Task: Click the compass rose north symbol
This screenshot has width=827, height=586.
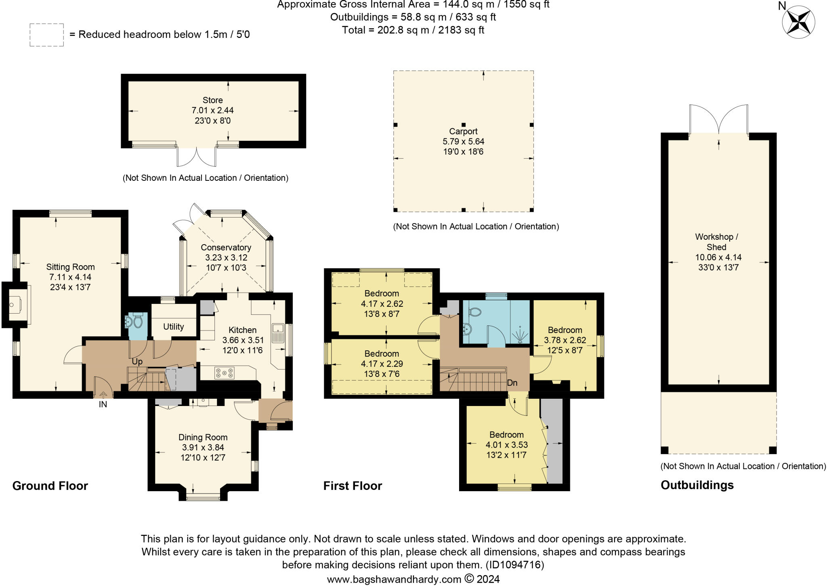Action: [798, 22]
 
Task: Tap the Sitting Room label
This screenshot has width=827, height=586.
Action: [70, 267]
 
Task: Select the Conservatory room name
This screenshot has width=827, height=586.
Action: [226, 247]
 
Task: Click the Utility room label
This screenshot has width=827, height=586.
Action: [174, 326]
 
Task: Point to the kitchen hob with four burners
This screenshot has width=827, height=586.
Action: [224, 373]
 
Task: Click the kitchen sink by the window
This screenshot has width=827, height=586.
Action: [278, 333]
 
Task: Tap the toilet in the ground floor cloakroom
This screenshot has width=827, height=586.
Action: [138, 322]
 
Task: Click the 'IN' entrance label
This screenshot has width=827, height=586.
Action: [103, 404]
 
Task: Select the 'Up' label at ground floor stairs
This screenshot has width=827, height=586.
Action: [137, 362]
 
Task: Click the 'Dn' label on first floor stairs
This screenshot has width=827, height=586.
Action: [512, 383]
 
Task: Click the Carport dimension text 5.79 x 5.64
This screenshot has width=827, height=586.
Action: [464, 142]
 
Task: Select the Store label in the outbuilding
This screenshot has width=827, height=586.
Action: [213, 100]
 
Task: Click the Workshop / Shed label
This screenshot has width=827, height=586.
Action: [717, 242]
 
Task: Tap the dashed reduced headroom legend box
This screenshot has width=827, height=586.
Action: [46, 35]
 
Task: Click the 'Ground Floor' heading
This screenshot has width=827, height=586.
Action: [50, 486]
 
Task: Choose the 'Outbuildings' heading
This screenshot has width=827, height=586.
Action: [697, 485]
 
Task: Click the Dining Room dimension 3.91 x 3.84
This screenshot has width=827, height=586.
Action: [203, 448]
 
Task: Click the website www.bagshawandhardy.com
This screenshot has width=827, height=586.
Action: [394, 580]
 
